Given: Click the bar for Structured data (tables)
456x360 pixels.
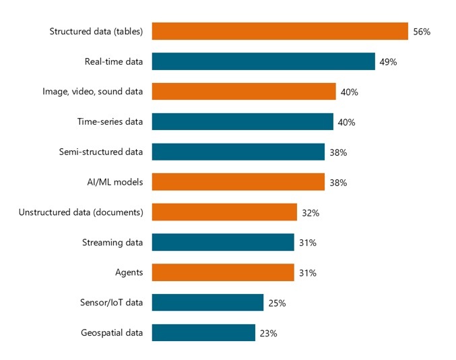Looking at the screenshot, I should click(280, 31).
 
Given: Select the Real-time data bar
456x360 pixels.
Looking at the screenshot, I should click(263, 61).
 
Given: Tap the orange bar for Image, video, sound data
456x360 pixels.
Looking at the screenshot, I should click(244, 92).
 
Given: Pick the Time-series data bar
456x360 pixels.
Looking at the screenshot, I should click(242, 121).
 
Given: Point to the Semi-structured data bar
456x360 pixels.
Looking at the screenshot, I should click(238, 152).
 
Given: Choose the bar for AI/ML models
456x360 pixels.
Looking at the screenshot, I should click(238, 182).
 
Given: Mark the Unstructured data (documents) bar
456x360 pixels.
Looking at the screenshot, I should click(224, 212).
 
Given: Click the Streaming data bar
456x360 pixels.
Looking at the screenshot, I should click(223, 242).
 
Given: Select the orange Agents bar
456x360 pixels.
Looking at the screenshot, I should click(223, 272).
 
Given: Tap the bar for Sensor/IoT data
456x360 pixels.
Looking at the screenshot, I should click(207, 302).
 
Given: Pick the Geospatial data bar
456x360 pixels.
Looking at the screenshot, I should click(203, 332).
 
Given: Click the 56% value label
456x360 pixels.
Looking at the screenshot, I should click(422, 32).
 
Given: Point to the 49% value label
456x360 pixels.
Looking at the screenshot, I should click(388, 62).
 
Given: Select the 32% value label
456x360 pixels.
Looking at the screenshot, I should click(311, 212).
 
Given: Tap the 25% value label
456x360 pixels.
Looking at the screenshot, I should click(277, 303).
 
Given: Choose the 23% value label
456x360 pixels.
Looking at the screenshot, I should click(269, 333).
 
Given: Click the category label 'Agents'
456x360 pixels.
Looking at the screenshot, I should click(129, 272).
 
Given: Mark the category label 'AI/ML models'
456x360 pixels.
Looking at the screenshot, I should click(114, 182).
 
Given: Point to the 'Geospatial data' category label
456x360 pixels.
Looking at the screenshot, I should click(112, 332).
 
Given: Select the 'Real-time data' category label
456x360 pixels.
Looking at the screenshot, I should click(114, 61).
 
